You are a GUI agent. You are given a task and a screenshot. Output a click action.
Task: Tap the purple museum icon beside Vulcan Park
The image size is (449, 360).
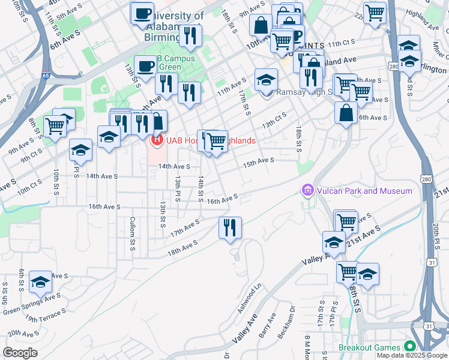tap(307, 191)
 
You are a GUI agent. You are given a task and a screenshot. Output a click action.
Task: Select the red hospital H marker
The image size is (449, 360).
tap(157, 141)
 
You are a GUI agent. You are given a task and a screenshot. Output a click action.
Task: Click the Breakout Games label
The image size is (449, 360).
tap(369, 347)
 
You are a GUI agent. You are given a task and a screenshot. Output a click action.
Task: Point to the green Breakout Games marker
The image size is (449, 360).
tap(410, 347)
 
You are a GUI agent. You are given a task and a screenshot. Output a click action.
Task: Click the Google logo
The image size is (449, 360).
tap(20, 353)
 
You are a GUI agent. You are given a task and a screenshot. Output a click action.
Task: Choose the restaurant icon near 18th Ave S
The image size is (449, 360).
tap(231, 227)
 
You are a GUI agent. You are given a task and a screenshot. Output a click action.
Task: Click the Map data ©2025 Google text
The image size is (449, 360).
tap(412, 355)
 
